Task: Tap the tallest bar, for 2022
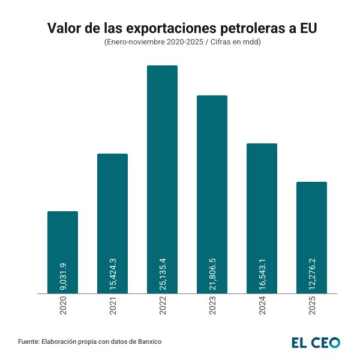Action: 162,168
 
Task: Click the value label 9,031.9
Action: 63,277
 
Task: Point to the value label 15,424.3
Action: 113,274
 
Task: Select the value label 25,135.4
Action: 163,274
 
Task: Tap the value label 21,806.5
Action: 212,274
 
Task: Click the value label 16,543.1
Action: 262,274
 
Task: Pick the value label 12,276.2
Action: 312,274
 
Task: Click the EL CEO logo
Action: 316,342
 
